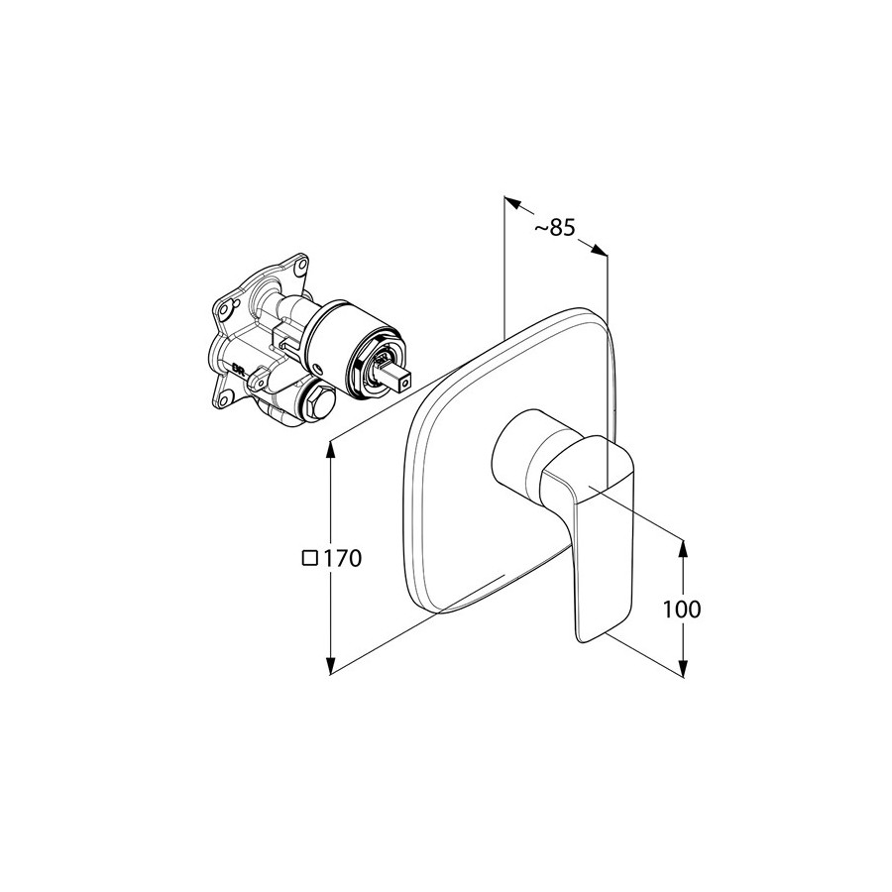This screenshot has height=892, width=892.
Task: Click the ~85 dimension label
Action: click(x=555, y=228)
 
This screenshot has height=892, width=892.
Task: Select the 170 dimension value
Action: click(x=343, y=559)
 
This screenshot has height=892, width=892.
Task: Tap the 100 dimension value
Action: click(x=682, y=610)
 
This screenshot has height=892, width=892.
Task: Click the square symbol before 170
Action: click(x=310, y=558)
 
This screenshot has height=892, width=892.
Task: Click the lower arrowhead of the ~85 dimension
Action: click(x=599, y=251)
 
